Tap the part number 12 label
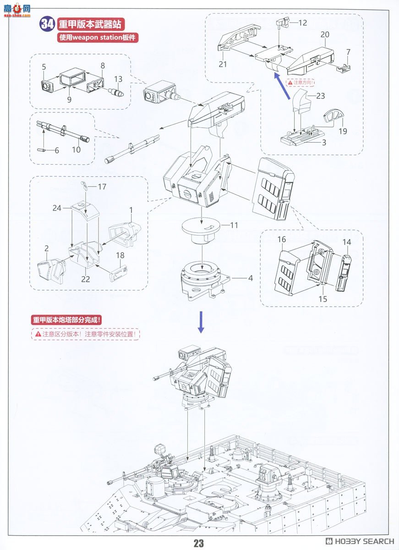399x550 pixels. tap(303, 22)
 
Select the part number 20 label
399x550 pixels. tap(325, 35)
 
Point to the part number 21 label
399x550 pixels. tap(223, 65)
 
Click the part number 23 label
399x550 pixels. tap(320, 96)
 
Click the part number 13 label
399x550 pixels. tap(118, 79)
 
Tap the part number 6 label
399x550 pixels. tap(56, 150)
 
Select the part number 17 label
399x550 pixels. tap(102, 187)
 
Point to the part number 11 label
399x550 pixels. tap(234, 225)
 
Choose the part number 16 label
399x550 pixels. tap(281, 240)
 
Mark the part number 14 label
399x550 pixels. tap(346, 242)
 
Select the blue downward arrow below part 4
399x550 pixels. tap(201, 323)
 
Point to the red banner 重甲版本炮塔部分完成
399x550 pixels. tap(67, 320)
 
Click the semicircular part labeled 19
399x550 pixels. tap(333, 116)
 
